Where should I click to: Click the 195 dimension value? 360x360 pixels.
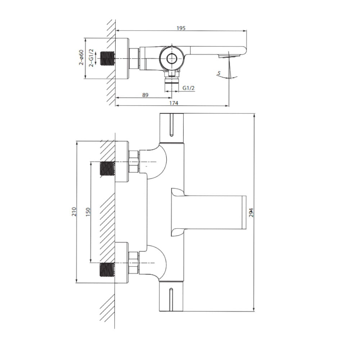(x=181, y=28)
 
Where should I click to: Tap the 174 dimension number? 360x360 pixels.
(x=174, y=103)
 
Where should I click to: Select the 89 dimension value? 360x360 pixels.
(x=145, y=95)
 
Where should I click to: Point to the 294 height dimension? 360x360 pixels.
(x=251, y=213)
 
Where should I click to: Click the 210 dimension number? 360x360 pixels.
(x=74, y=211)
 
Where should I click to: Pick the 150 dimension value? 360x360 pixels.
(x=88, y=212)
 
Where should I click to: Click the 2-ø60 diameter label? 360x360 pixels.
(x=81, y=57)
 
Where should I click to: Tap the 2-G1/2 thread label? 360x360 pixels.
(x=91, y=58)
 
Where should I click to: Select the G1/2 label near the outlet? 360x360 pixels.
(x=189, y=88)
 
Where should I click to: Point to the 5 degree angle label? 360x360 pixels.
(x=219, y=73)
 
